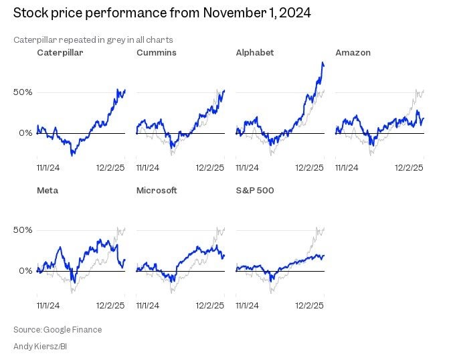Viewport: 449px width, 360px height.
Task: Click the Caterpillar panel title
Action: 60,52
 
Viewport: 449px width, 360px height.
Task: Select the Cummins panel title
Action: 156,52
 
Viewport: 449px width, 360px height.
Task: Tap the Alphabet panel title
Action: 255,52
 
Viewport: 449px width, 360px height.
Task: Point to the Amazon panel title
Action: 353,52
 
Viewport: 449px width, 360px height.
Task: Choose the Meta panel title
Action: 48,190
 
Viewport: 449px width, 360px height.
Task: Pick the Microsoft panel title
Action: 157,190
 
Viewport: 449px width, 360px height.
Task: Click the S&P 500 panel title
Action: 255,190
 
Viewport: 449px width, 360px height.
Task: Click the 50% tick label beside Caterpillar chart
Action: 23,92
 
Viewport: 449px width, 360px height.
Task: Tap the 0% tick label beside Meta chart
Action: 26,271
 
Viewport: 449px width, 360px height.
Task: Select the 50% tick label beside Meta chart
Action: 23,230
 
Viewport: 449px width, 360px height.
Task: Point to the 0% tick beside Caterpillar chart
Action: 26,133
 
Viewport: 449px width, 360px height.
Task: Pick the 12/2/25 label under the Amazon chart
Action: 409,167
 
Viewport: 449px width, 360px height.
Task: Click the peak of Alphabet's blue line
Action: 323,63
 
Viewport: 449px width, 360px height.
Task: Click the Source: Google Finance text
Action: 58,329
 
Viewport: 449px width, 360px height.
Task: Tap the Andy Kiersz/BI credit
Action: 39,346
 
